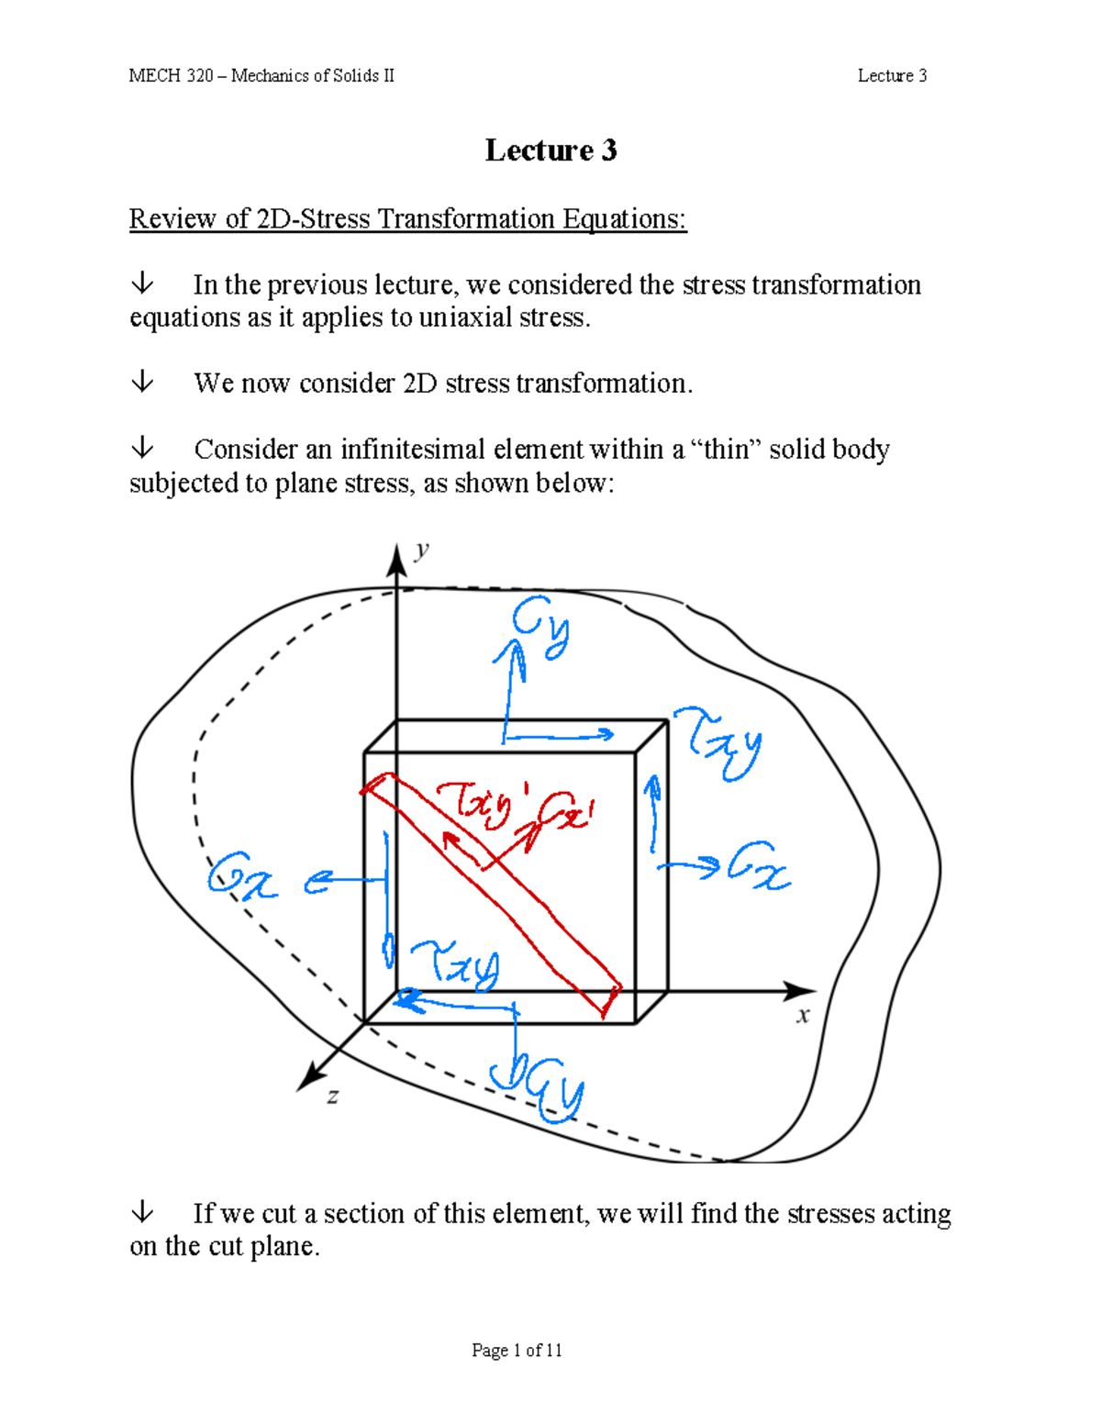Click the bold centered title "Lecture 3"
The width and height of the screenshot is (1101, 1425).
550,150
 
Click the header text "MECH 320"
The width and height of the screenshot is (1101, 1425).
171,76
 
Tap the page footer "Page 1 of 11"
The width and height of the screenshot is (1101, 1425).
517,1350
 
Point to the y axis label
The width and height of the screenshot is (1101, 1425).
422,550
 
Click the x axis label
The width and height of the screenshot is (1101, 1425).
804,1015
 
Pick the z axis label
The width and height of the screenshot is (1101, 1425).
333,1096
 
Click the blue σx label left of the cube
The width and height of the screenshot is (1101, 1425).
242,876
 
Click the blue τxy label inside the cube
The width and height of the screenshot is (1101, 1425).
456,963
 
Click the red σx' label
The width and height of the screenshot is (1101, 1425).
569,816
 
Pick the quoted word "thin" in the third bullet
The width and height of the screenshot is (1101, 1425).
726,450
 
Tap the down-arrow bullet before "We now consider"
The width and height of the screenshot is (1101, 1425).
142,382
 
